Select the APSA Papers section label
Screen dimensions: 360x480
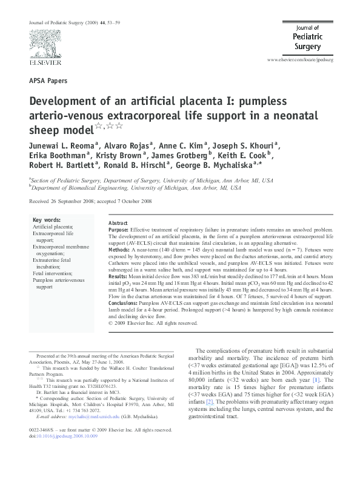[48, 80]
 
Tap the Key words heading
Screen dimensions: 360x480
[47, 219]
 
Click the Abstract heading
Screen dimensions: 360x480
[118, 223]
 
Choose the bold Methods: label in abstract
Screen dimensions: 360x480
[119, 249]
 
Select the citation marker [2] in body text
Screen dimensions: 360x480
[209, 401]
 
